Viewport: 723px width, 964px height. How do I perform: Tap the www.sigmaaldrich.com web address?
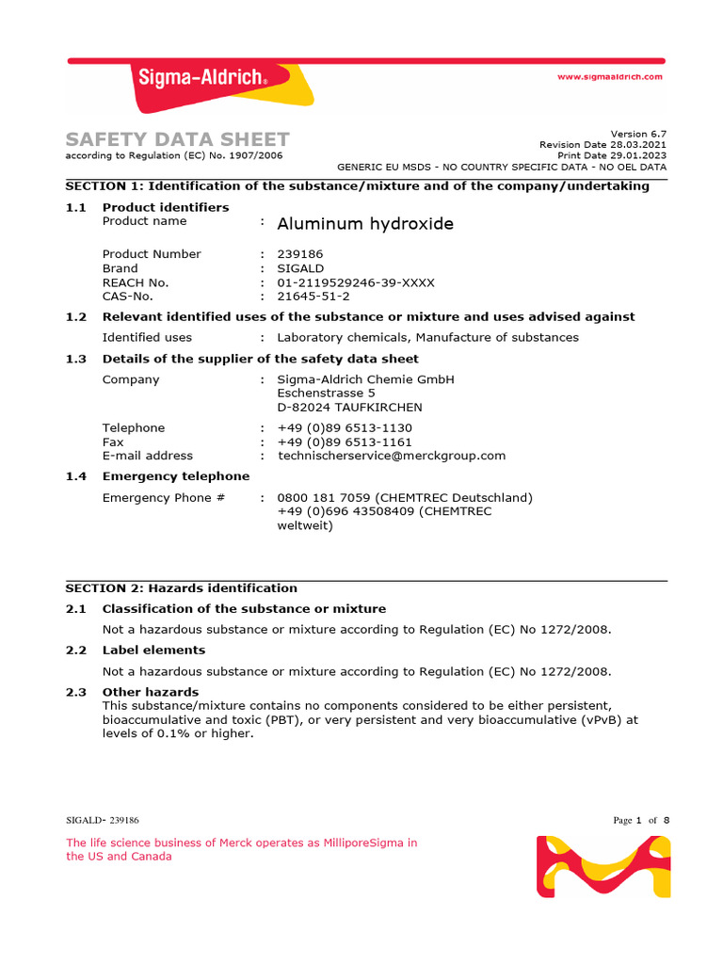pyautogui.click(x=610, y=76)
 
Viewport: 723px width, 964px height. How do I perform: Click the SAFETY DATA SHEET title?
pyautogui.click(x=177, y=139)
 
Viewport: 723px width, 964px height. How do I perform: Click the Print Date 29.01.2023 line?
pyautogui.click(x=612, y=154)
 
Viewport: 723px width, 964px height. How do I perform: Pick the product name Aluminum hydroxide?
pyautogui.click(x=365, y=224)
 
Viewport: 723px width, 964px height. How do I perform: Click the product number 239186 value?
pyautogui.click(x=299, y=254)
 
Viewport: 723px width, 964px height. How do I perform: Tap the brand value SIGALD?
pyautogui.click(x=300, y=268)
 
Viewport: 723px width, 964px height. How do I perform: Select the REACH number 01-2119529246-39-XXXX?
pyautogui.click(x=356, y=282)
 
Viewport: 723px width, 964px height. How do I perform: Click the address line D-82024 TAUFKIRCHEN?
pyautogui.click(x=349, y=408)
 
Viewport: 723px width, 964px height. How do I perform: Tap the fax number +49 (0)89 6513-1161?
pyautogui.click(x=345, y=442)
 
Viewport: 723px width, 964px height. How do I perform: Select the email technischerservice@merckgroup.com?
pyautogui.click(x=391, y=456)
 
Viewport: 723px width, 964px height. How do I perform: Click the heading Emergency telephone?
pyautogui.click(x=175, y=476)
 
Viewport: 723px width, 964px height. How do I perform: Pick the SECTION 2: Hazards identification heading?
pyautogui.click(x=181, y=588)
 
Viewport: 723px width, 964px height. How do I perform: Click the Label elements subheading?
pyautogui.click(x=153, y=651)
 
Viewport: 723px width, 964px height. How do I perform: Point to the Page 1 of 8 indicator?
pyautogui.click(x=641, y=821)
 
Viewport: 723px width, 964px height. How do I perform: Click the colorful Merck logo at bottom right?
pyautogui.click(x=603, y=866)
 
